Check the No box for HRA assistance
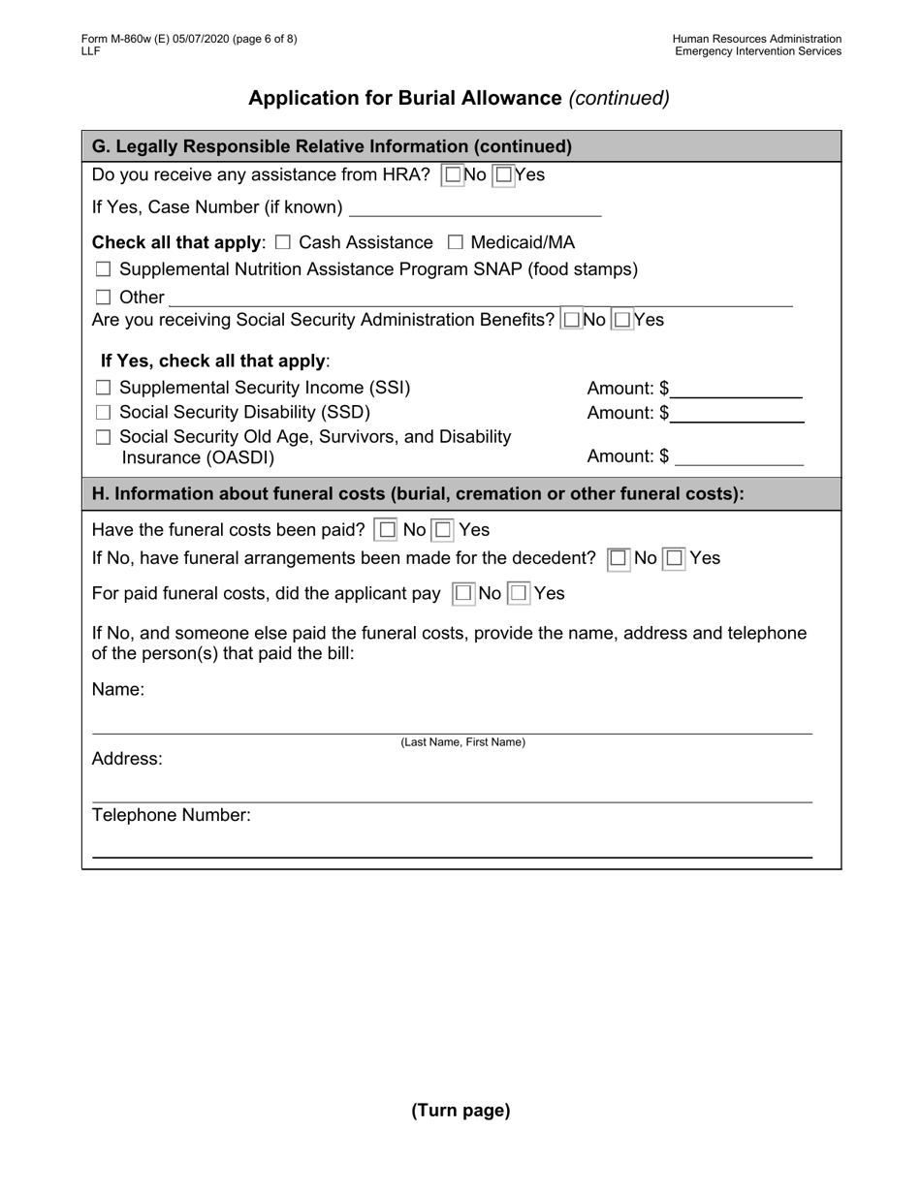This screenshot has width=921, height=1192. tap(453, 175)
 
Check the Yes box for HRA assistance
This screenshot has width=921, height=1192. tap(503, 175)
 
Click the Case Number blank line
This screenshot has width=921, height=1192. tap(475, 208)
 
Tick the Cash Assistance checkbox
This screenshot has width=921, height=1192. tap(283, 242)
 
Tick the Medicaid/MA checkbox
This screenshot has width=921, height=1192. tap(456, 242)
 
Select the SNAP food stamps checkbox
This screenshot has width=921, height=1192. tap(104, 269)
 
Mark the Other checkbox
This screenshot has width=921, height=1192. tap(104, 298)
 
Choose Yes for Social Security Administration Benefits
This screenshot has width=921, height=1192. tap(622, 319)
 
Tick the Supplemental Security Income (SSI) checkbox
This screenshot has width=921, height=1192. tap(104, 389)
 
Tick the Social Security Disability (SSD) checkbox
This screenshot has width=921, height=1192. tap(104, 413)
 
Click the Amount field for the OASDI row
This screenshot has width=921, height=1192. tap(739, 456)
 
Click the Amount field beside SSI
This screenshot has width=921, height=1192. tap(737, 390)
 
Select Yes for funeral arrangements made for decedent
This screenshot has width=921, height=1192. tap(675, 558)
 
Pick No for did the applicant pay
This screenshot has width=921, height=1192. tap(464, 593)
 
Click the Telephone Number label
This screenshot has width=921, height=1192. tap(172, 815)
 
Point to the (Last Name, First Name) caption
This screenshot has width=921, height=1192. tap(463, 742)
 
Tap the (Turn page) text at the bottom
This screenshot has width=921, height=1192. tap(460, 1111)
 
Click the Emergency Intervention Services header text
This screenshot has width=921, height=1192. tap(758, 51)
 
